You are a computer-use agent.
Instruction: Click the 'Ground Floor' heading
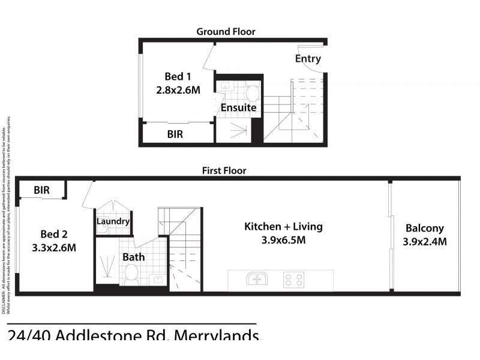pyautogui.click(x=226, y=31)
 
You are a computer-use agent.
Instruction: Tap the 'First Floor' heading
pyautogui.click(x=224, y=170)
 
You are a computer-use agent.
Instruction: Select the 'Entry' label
pyautogui.click(x=308, y=59)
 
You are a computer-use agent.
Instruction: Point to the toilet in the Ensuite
pyautogui.click(x=253, y=93)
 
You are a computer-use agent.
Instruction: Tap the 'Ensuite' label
pyautogui.click(x=238, y=108)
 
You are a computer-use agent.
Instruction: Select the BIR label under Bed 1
pyautogui.click(x=175, y=134)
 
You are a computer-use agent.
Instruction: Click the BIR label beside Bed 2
pyautogui.click(x=41, y=190)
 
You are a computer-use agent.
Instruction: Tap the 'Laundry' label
pyautogui.click(x=113, y=221)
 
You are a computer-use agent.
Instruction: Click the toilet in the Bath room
pyautogui.click(x=130, y=274)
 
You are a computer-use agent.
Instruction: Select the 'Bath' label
pyautogui.click(x=134, y=257)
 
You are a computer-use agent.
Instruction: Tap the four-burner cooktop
pyautogui.click(x=293, y=280)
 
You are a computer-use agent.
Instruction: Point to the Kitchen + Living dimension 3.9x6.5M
pyautogui.click(x=283, y=241)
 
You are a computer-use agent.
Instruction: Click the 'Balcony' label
pyautogui.click(x=424, y=228)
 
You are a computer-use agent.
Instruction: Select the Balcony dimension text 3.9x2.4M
pyautogui.click(x=425, y=242)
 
